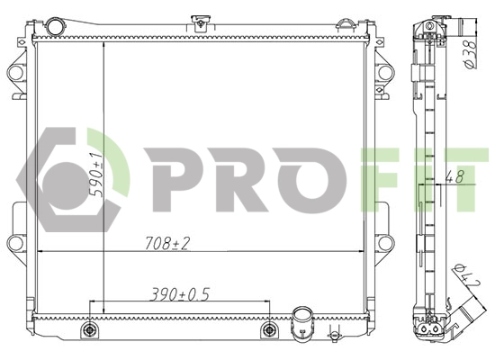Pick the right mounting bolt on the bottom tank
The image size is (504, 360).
267,331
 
